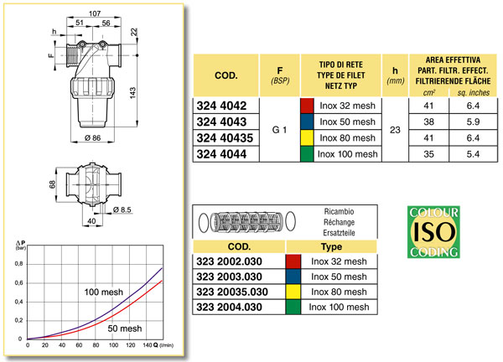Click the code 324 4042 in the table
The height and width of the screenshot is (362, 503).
pos(221,106)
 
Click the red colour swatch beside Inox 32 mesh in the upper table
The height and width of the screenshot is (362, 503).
pos(306,106)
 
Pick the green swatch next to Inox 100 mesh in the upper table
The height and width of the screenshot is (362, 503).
pos(306,154)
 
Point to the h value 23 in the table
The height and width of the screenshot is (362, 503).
pos(394,131)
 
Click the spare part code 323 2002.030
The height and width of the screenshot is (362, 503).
pos(232,262)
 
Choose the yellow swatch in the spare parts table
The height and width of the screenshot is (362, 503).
pos(293,292)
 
